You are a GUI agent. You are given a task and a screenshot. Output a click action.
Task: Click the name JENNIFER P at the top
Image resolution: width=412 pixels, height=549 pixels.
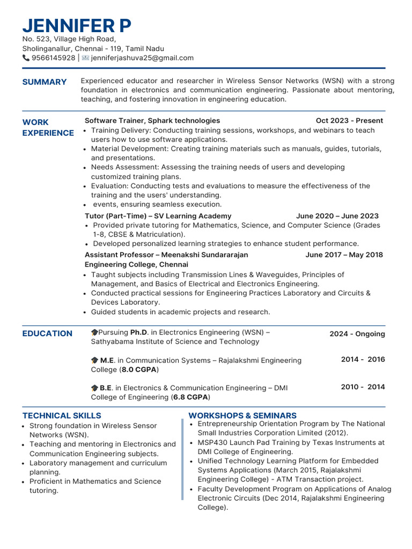pos(77,25)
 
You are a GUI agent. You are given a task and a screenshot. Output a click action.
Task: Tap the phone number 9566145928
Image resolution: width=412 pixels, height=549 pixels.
pos(53,58)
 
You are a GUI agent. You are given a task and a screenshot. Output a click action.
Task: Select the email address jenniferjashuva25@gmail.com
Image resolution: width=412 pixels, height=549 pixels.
pos(142,58)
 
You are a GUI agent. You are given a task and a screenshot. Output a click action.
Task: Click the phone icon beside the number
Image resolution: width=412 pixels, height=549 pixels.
pos(26,58)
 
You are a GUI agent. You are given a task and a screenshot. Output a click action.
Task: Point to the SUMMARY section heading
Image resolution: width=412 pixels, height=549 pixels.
pos(45,82)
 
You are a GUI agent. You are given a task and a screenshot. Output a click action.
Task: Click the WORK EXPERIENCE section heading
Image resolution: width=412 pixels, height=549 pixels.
pos(48,128)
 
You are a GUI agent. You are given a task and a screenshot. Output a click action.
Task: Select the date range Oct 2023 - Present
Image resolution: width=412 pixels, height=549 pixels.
pos(349,121)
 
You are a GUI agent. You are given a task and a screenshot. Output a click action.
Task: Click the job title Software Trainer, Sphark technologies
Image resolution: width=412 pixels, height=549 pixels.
pos(152,121)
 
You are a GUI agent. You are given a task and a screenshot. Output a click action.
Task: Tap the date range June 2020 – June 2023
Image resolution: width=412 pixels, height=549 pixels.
pos(337,216)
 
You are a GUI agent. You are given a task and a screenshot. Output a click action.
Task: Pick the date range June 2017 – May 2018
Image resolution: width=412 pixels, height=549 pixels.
pos(344,255)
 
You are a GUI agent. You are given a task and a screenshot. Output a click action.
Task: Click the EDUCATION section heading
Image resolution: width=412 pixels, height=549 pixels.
pos(47,333)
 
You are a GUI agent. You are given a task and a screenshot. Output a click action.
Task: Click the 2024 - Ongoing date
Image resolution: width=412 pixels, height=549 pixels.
pos(357,334)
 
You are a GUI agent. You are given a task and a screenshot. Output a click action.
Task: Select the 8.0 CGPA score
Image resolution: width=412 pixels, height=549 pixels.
pos(139,370)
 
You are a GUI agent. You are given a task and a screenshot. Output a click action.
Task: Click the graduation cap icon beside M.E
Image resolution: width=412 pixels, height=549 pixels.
pos(94,361)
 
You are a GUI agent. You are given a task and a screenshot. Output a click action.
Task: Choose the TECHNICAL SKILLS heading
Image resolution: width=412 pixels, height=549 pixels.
pos(62,416)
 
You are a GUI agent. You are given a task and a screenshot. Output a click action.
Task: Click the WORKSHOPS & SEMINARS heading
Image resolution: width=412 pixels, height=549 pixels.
pos(242,416)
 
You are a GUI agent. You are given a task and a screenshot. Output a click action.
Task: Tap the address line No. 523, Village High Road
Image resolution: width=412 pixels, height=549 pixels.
pos(69,39)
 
